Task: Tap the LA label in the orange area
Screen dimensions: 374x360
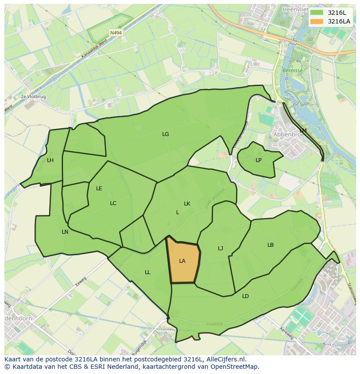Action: [x=182, y=261]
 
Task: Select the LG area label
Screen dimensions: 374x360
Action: [x=165, y=134]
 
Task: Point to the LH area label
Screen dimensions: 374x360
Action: [x=50, y=160]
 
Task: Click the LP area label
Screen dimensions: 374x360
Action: [x=259, y=160]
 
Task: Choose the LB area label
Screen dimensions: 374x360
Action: [x=270, y=245]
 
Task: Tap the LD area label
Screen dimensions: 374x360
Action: [x=246, y=296]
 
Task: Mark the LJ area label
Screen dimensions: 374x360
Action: [x=220, y=248]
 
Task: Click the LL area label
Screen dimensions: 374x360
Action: [x=147, y=272]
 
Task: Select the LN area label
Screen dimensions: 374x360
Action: [x=65, y=232]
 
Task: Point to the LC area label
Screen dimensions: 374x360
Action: [x=113, y=203]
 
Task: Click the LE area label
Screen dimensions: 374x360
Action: [x=99, y=189]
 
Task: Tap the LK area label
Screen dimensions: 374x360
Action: [x=187, y=204]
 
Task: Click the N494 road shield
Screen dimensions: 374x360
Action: [x=116, y=33]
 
